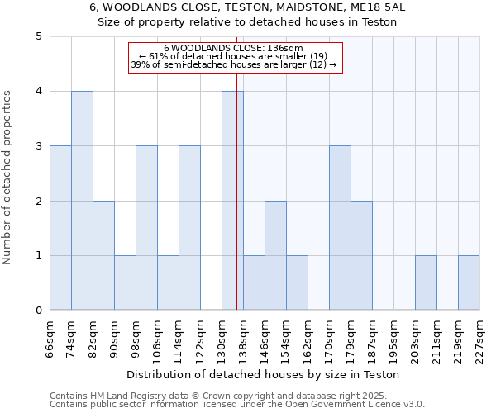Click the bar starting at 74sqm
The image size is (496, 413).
click(x=82, y=201)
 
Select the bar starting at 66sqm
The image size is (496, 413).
click(x=60, y=228)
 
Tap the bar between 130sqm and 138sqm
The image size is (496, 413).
click(x=232, y=201)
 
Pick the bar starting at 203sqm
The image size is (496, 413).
click(x=426, y=283)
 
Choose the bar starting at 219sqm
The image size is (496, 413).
click(x=469, y=283)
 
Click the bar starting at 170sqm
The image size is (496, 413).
click(x=340, y=228)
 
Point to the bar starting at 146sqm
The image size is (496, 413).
click(x=275, y=256)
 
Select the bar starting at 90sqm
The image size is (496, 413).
click(x=125, y=283)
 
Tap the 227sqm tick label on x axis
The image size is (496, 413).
click(x=479, y=340)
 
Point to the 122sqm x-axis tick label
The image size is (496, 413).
click(x=200, y=340)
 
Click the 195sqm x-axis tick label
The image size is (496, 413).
click(x=393, y=340)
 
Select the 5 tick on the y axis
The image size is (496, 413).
click(x=39, y=36)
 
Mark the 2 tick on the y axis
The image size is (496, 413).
click(x=39, y=201)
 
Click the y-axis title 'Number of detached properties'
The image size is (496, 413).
click(x=8, y=173)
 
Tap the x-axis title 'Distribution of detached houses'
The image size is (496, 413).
click(x=265, y=374)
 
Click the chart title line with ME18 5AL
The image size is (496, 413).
click(x=247, y=7)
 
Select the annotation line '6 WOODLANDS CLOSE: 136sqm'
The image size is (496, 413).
click(x=235, y=48)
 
